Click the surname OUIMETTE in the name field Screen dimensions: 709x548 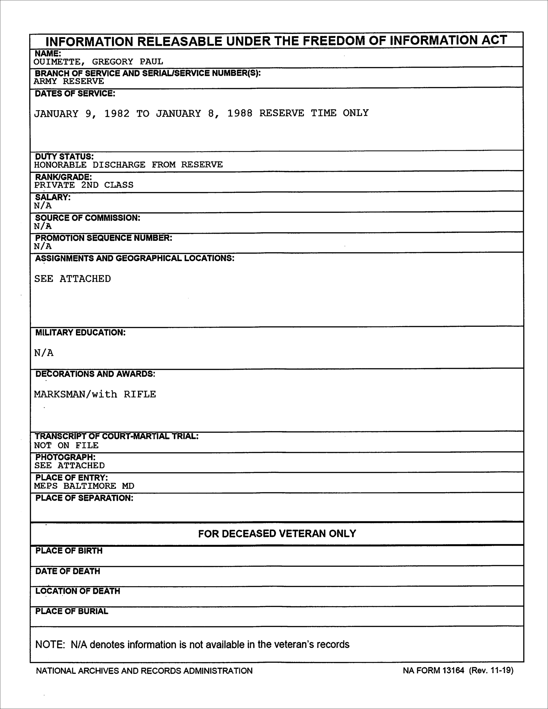tap(57, 62)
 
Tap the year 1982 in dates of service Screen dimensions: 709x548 tap(117, 114)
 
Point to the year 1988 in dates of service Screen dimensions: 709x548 tap(240, 113)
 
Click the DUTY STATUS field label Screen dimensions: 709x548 tap(64, 157)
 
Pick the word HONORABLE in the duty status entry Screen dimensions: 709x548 tap(60, 165)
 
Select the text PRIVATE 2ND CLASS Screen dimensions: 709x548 tap(84, 185)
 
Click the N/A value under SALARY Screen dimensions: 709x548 tap(43, 206)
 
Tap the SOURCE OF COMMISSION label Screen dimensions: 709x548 tap(88, 218)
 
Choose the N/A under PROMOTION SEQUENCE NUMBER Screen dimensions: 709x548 tap(43, 247)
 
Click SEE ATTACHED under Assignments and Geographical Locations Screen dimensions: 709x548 tap(73, 279)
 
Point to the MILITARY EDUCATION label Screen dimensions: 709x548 tap(80, 333)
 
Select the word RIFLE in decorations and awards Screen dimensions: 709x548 tap(140, 394)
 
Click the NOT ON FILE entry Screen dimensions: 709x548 tap(66, 445)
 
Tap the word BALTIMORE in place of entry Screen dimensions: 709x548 tap(90, 486)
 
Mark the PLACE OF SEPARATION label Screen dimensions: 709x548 tap(84, 498)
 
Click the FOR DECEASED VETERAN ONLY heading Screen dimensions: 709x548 tap(277, 534)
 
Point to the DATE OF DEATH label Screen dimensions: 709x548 tap(67, 571)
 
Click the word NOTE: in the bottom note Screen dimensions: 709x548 tap(50, 645)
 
